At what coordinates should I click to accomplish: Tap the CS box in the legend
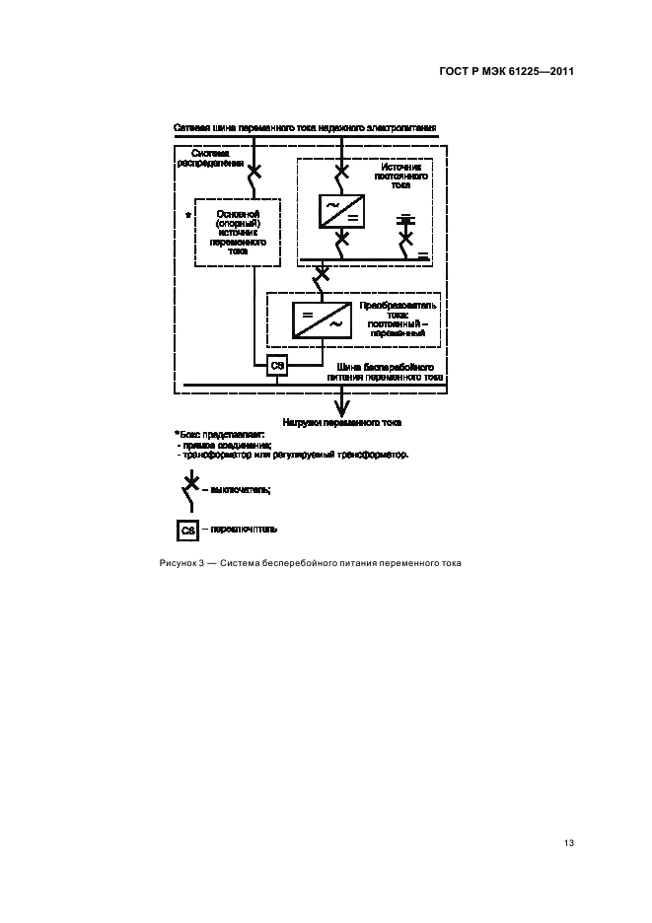pos(188,530)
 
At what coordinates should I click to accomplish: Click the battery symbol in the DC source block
pos(405,219)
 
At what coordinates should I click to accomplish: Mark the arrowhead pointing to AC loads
pos(341,407)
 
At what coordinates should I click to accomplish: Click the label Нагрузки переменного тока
pos(341,421)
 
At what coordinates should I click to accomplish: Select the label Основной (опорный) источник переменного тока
pos(238,232)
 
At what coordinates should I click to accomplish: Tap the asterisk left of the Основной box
pos(186,214)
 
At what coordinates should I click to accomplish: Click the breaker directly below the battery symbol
pos(405,240)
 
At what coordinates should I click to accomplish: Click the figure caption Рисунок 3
pos(310,563)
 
